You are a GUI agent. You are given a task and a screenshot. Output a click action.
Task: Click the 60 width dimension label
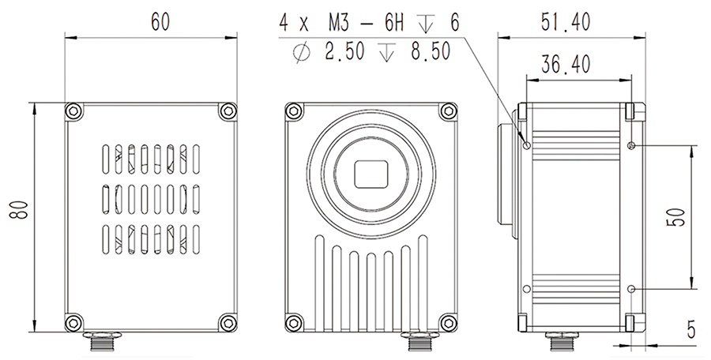point(160,21)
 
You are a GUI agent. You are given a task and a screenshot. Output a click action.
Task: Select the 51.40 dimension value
point(565,23)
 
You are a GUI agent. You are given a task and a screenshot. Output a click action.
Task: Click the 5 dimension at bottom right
point(691,330)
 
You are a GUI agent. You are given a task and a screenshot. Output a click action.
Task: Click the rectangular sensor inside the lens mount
point(373,174)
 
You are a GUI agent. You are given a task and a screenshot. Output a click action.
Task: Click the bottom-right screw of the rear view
point(228,322)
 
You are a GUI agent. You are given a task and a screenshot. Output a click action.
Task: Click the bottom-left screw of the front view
point(293,322)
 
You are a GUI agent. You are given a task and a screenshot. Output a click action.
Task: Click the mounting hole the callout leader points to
point(527,144)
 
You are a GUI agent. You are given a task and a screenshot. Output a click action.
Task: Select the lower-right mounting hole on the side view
point(630,289)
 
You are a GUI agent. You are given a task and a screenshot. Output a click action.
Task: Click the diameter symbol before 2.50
point(301,52)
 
